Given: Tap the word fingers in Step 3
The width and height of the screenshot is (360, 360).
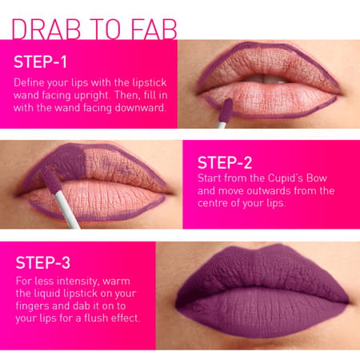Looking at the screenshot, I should (33, 307).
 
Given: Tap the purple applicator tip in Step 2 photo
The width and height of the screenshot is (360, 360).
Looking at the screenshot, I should (48, 178).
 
